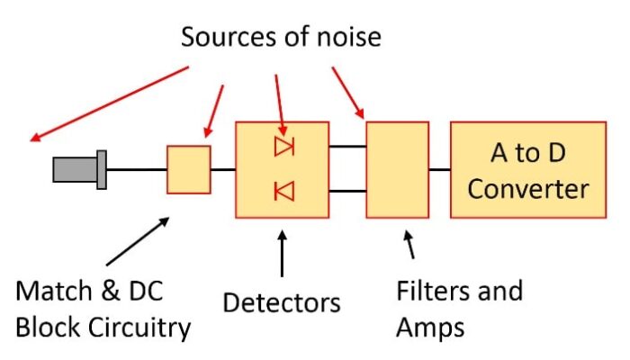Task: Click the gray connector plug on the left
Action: point(80,169)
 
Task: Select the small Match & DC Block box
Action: point(189,169)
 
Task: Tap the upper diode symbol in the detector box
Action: point(284,147)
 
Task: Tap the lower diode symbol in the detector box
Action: point(284,191)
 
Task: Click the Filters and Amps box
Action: point(397,169)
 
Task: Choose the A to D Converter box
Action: point(527,169)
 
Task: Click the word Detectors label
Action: point(282,301)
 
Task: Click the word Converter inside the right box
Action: point(527,188)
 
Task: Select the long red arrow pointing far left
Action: point(108,103)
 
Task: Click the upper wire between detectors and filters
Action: point(346,146)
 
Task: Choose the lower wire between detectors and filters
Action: point(346,191)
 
